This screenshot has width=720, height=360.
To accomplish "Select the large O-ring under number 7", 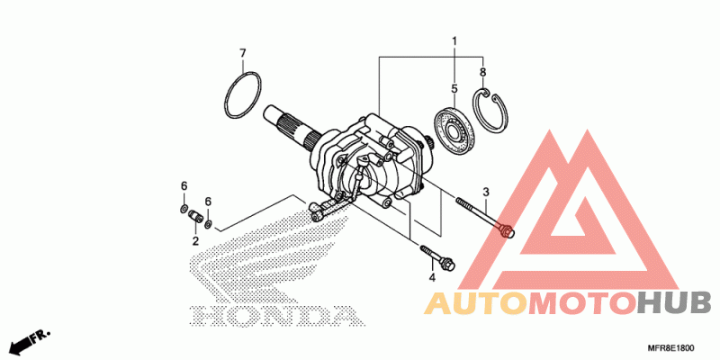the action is click(242, 95).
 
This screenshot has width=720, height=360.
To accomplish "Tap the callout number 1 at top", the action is click(454, 41).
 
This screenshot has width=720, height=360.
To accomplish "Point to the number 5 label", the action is click(454, 89).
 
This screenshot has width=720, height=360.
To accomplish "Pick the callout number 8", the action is click(483, 72).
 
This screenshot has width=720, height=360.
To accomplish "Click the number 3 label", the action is click(486, 192).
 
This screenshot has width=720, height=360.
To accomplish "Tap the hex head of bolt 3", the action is click(508, 231).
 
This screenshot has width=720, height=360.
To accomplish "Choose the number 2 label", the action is click(194, 242).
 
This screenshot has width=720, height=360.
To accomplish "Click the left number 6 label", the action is click(184, 186).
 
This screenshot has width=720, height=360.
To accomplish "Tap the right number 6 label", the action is click(208, 202).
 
